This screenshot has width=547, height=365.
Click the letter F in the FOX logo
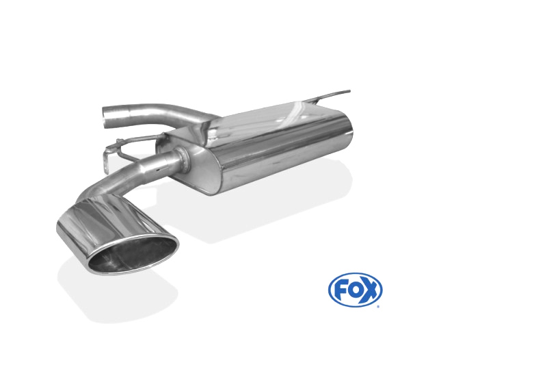pos(340,290)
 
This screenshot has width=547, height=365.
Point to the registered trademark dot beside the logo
pos(378,307)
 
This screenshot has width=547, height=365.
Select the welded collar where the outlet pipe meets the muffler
pos(184,160)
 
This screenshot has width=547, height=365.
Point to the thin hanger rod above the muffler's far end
pos(330,96)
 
